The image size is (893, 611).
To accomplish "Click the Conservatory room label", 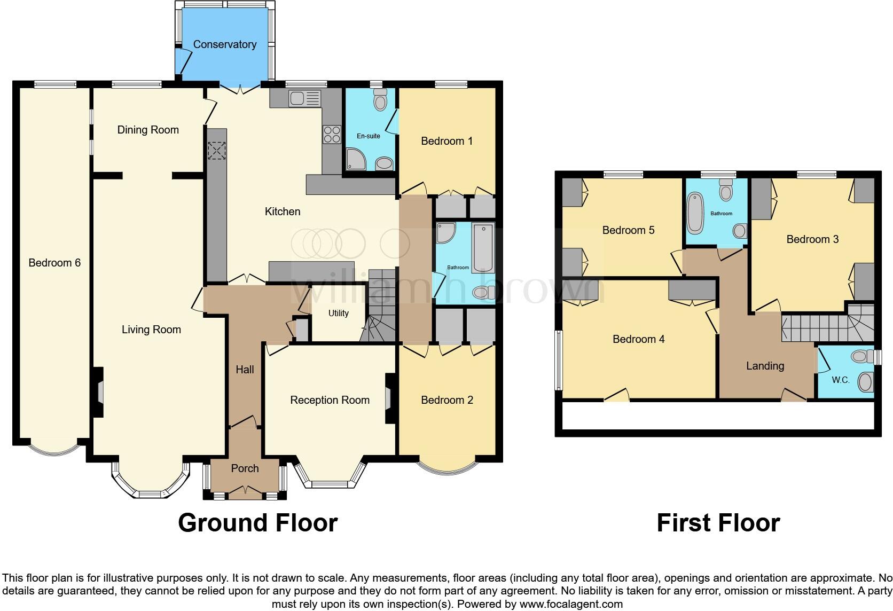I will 224,44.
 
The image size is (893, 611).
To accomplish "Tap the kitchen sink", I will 304,98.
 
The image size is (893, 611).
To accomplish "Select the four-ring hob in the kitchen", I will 331,134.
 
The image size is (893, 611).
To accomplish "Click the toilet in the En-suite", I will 380,99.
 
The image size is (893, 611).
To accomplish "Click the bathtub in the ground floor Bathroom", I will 484,249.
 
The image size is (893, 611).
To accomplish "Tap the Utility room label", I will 338,314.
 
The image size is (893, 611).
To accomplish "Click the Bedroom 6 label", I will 54,263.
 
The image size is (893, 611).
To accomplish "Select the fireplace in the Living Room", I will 99,393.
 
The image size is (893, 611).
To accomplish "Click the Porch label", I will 245,468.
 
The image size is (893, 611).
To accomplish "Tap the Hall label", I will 245,370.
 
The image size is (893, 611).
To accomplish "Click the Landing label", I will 765,366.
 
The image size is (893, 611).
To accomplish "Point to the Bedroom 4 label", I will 638,339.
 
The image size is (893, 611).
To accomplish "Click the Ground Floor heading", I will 257,523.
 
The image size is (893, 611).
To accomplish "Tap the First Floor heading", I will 718,523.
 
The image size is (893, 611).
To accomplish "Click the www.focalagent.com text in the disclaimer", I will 570,605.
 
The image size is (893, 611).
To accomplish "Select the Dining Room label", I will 148,130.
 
